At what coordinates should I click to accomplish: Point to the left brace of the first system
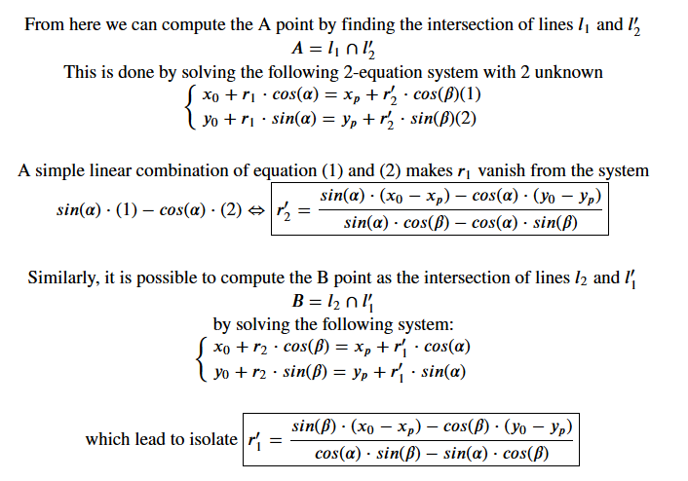[x=189, y=107]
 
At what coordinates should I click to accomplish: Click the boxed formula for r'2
[x=437, y=209]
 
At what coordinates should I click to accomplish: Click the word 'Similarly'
[x=65, y=277]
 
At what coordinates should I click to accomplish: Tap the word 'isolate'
[x=210, y=439]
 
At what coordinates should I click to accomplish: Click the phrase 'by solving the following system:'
[x=329, y=324]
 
